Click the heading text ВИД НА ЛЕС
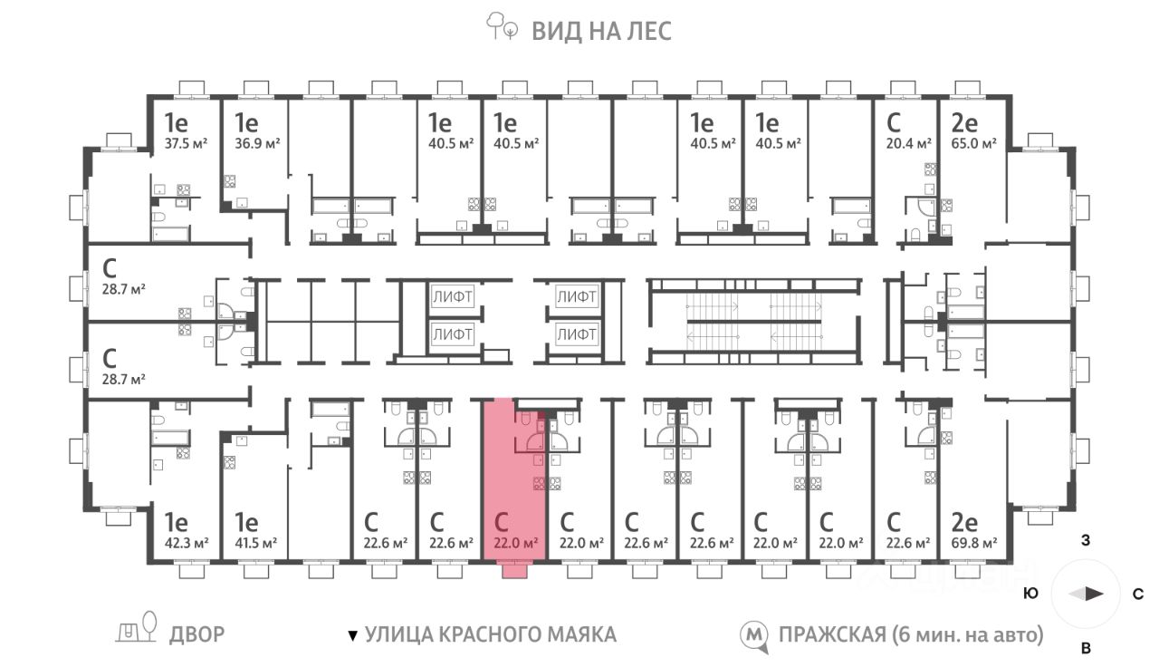pyautogui.click(x=602, y=31)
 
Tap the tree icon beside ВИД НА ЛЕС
pyautogui.click(x=501, y=26)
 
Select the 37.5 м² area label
pyautogui.click(x=187, y=143)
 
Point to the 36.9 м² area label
pyautogui.click(x=257, y=143)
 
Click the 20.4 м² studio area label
pyautogui.click(x=908, y=143)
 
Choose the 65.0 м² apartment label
pyautogui.click(x=973, y=143)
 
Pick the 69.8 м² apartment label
pyautogui.click(x=974, y=543)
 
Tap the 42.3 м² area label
pyautogui.click(x=187, y=543)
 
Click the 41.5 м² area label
pyautogui.click(x=255, y=543)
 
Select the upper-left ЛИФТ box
pyautogui.click(x=452, y=296)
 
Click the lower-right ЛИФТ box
pyautogui.click(x=577, y=334)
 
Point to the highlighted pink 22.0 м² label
pyautogui.click(x=516, y=543)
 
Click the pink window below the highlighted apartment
pyautogui.click(x=515, y=571)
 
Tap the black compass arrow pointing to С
pyautogui.click(x=1094, y=594)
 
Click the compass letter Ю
pyautogui.click(x=1031, y=594)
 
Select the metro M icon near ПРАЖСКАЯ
pyautogui.click(x=754, y=636)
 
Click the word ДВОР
pyautogui.click(x=197, y=634)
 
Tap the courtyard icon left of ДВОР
pyautogui.click(x=136, y=627)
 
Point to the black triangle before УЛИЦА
pyautogui.click(x=353, y=635)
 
